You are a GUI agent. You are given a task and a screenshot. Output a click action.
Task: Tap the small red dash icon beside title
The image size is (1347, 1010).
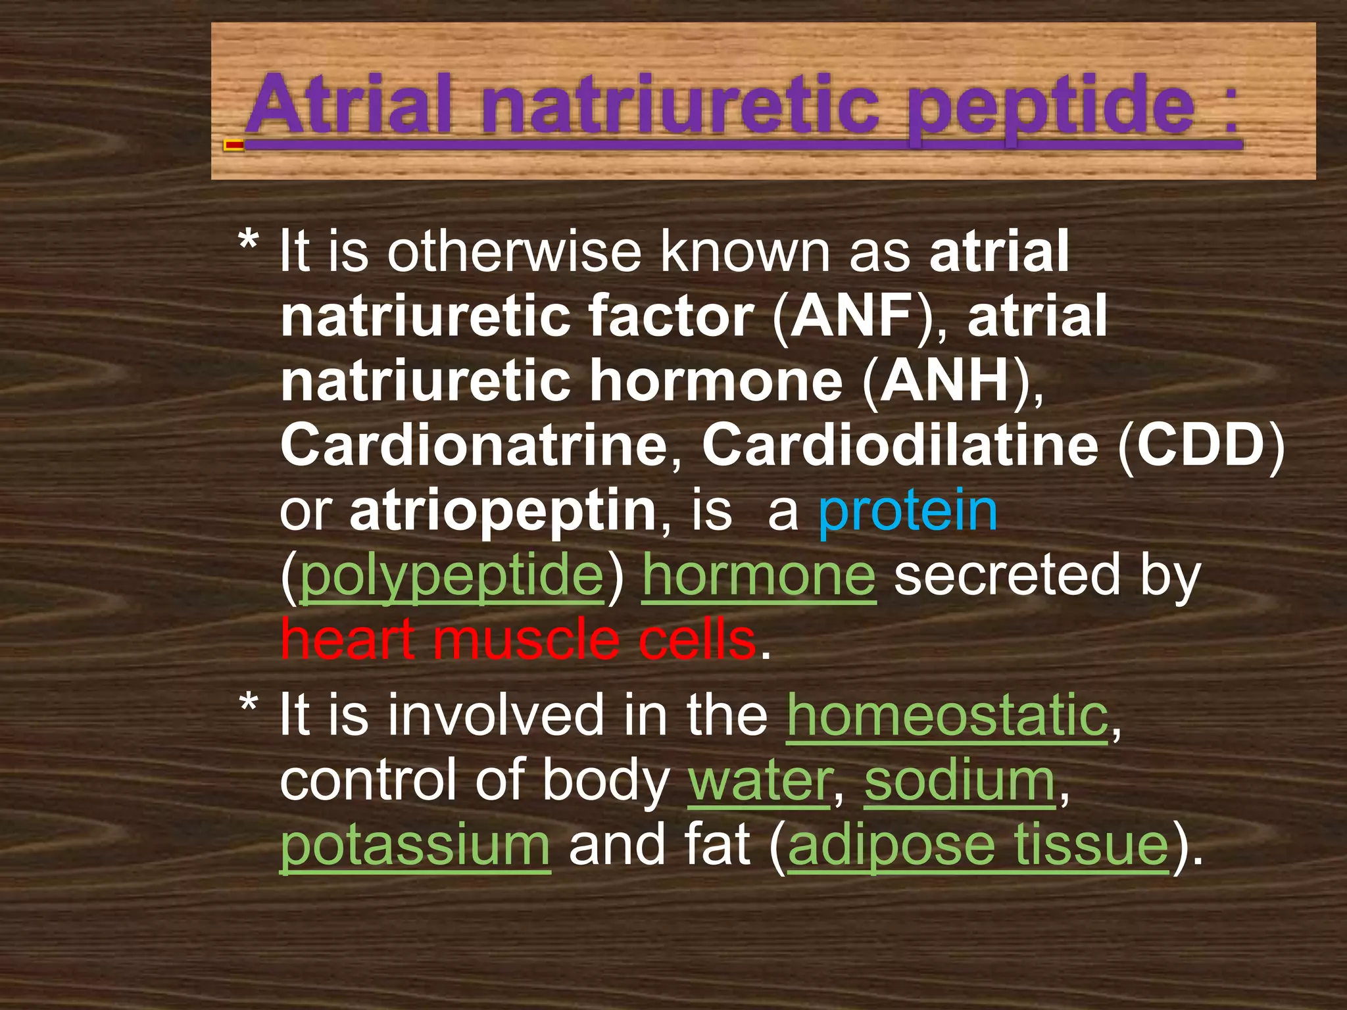[233, 145]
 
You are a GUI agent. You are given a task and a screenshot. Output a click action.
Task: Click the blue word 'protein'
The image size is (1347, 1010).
[908, 511]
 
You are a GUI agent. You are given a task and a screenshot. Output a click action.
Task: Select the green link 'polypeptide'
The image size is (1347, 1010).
[451, 576]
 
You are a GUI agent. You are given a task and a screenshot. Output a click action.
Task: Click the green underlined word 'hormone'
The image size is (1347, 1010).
[759, 575]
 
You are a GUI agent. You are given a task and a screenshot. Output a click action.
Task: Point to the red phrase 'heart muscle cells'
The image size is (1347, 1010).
[518, 640]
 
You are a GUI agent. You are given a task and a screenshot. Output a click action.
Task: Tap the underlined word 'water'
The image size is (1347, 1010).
[759, 781]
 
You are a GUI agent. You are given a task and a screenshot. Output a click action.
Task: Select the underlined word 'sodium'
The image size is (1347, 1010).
[960, 781]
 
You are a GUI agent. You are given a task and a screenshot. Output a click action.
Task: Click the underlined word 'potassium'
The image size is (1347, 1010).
[415, 846]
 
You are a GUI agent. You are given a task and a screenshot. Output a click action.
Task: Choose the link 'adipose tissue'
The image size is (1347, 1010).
[978, 846]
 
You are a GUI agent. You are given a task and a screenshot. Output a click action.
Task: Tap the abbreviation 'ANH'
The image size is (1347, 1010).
[944, 381]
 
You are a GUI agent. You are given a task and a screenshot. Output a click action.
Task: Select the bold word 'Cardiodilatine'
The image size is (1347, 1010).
[900, 446]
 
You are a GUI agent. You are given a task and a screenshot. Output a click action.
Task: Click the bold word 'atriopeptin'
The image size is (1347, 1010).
[503, 511]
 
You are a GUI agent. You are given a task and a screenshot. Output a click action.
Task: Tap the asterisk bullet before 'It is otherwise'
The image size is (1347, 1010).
[248, 243]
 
